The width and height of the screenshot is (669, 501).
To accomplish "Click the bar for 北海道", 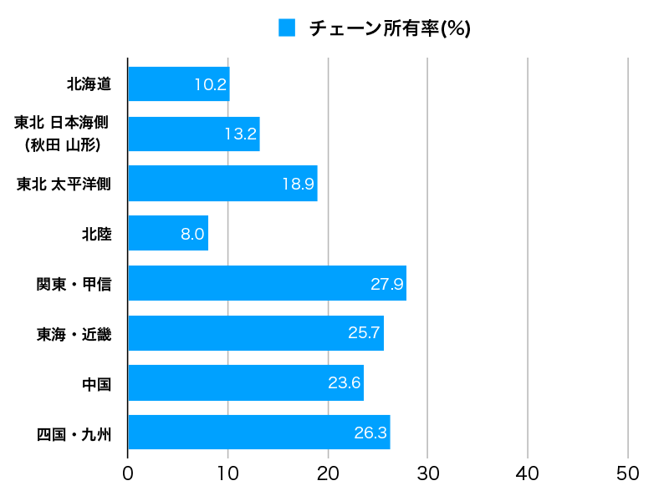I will (x=178, y=84).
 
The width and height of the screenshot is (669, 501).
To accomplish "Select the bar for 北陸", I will (x=167, y=234).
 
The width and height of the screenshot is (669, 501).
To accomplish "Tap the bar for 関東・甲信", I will (x=267, y=284).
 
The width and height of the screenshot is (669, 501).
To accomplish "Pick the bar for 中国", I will (x=246, y=383).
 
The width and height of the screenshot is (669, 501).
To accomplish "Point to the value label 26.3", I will (x=370, y=433).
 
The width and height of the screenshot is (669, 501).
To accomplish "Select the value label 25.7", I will (x=365, y=333).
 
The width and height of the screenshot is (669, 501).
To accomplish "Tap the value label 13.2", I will (x=240, y=134).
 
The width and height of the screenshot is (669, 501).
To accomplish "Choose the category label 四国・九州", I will (x=74, y=433).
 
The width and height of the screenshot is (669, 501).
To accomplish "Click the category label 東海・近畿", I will (x=74, y=334).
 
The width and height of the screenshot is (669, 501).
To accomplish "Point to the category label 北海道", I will (x=89, y=84).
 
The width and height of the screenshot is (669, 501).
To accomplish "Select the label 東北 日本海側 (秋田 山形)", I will (x=62, y=134).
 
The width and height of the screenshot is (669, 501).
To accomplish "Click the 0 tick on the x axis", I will (x=128, y=473).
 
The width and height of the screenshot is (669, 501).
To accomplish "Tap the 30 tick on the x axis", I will (x=427, y=473).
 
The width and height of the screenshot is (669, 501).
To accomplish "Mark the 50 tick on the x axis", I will (x=627, y=473).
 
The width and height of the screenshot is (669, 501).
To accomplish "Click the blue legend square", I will (x=287, y=28).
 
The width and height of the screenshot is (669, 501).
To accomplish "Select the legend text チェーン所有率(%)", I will (x=390, y=28).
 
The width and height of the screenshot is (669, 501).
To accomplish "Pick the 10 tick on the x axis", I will (x=227, y=473).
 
